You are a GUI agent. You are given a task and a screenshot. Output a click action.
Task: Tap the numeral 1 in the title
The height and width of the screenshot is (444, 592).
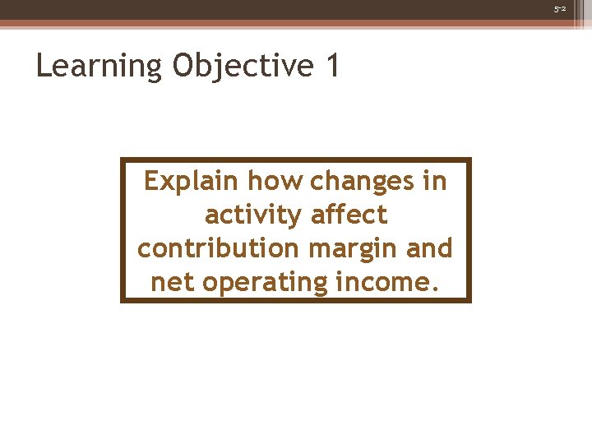[332, 66]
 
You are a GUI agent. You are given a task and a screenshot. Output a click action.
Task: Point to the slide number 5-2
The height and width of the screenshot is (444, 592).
[560, 9]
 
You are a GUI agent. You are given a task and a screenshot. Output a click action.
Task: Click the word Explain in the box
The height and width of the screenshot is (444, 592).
[192, 181]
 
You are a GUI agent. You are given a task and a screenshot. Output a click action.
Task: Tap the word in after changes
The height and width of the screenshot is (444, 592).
[435, 181]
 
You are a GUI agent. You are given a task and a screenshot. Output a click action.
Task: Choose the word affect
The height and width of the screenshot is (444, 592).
[349, 215]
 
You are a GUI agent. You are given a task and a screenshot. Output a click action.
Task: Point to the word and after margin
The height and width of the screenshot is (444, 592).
[430, 248]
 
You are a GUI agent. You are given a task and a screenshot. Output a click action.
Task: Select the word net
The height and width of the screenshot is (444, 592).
[173, 282]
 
